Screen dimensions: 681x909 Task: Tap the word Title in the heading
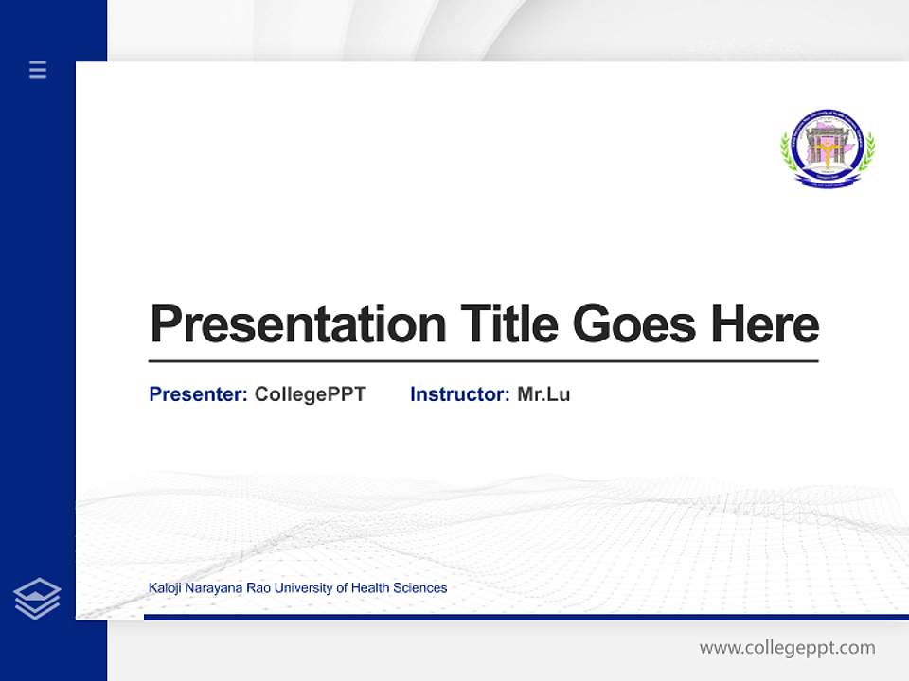509,324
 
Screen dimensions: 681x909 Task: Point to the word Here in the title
765,324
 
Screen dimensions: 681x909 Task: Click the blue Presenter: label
198,394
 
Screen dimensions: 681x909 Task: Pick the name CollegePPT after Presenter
310,394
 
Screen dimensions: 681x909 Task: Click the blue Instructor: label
459,394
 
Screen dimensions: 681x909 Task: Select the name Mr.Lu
544,394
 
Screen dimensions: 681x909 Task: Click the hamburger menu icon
38,69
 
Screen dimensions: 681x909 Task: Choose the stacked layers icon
37,599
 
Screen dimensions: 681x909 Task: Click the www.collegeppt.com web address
787,648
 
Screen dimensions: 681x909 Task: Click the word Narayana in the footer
212,588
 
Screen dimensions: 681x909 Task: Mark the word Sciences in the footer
422,588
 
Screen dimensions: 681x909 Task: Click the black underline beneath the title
483,361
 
